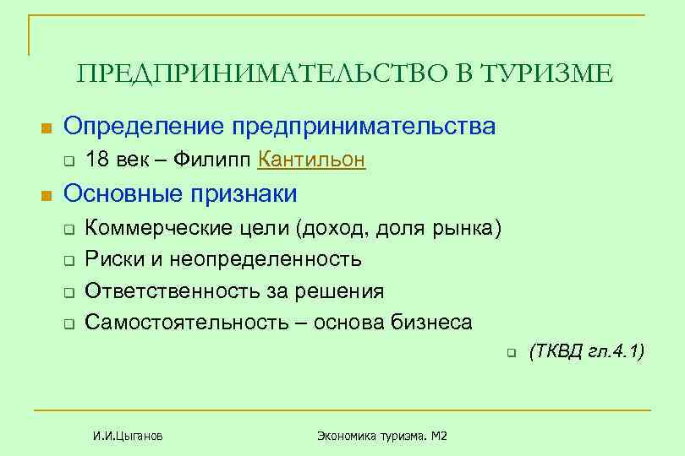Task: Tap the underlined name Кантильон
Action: tap(311, 160)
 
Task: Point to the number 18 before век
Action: tap(97, 160)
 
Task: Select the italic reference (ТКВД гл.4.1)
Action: tap(586, 351)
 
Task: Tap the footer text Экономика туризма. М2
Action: tap(381, 436)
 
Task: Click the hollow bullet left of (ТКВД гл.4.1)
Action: tap(511, 353)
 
